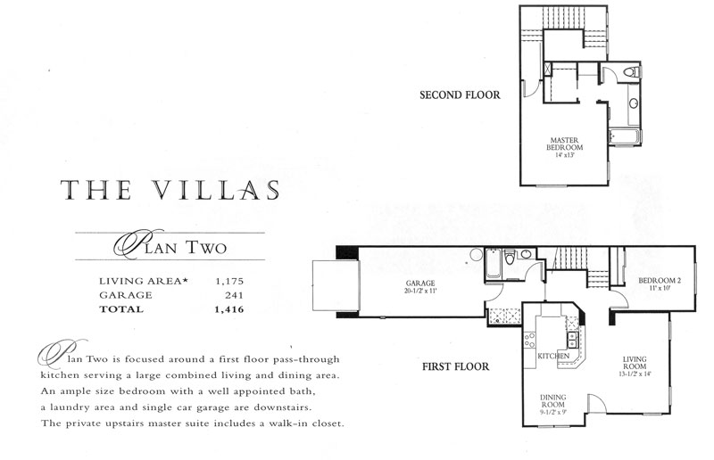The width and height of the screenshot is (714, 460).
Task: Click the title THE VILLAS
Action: (170, 190)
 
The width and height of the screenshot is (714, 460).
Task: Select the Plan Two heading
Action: (170, 246)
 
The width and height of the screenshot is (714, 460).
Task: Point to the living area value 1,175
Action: (229, 281)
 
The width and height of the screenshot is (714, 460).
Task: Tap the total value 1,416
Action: (229, 309)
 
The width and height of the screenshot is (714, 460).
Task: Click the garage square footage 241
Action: (234, 295)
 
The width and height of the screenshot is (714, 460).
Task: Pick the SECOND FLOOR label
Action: (460, 95)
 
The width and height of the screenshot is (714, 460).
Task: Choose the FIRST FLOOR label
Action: (455, 366)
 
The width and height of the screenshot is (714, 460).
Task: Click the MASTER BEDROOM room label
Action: (564, 144)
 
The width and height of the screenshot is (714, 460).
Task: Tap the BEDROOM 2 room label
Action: (660, 280)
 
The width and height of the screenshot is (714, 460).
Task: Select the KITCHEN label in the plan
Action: (553, 356)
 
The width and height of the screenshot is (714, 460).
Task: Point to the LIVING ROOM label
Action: (635, 363)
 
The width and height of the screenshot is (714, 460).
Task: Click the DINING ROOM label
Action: (552, 400)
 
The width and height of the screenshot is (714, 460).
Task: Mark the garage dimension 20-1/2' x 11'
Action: (420, 291)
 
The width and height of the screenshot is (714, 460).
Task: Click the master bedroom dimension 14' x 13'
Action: (565, 155)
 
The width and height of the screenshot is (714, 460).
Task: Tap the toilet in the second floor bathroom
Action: (633, 72)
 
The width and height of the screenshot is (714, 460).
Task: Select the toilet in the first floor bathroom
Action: (510, 257)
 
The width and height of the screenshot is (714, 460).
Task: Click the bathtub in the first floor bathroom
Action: (494, 264)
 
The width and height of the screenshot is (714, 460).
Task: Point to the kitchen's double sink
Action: (572, 340)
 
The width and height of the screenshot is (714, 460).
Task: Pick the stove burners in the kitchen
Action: (529, 341)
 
